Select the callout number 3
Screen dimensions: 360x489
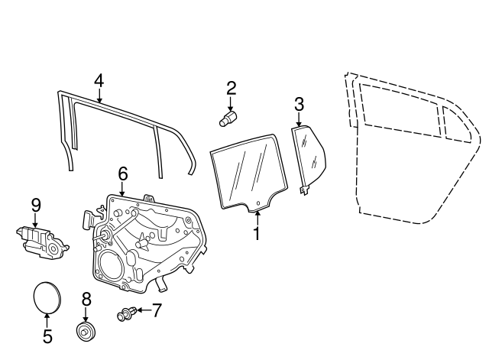tap(299, 104)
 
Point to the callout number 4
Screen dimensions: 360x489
tap(99, 81)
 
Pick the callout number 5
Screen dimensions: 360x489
tap(47, 336)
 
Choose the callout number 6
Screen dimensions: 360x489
tap(122, 174)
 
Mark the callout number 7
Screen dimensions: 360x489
tap(157, 310)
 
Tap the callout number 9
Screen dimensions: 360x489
tap(35, 204)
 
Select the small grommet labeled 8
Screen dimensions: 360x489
tap(86, 332)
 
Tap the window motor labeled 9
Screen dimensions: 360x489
tap(42, 239)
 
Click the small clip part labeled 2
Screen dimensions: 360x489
tap(227, 118)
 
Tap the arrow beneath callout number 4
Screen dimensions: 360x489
tap(99, 96)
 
